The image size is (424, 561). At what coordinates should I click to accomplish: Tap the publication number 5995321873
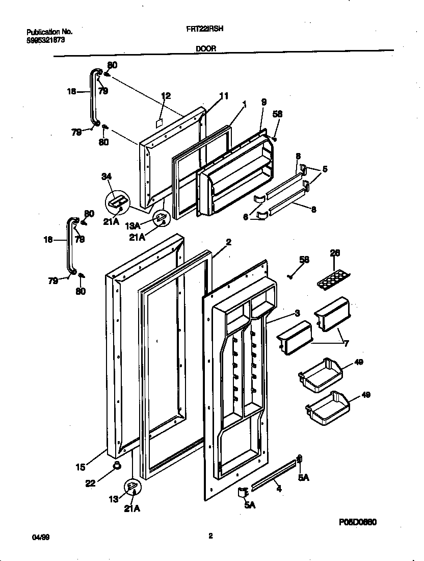point(45,39)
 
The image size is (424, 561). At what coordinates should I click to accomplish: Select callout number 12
point(166,95)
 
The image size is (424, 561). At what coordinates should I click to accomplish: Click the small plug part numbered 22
point(117,464)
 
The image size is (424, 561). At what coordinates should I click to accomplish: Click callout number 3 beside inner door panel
point(297,312)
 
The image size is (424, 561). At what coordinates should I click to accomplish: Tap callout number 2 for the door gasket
point(228,243)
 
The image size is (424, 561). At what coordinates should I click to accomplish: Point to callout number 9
point(263,102)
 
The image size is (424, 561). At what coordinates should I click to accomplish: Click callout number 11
point(224,95)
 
